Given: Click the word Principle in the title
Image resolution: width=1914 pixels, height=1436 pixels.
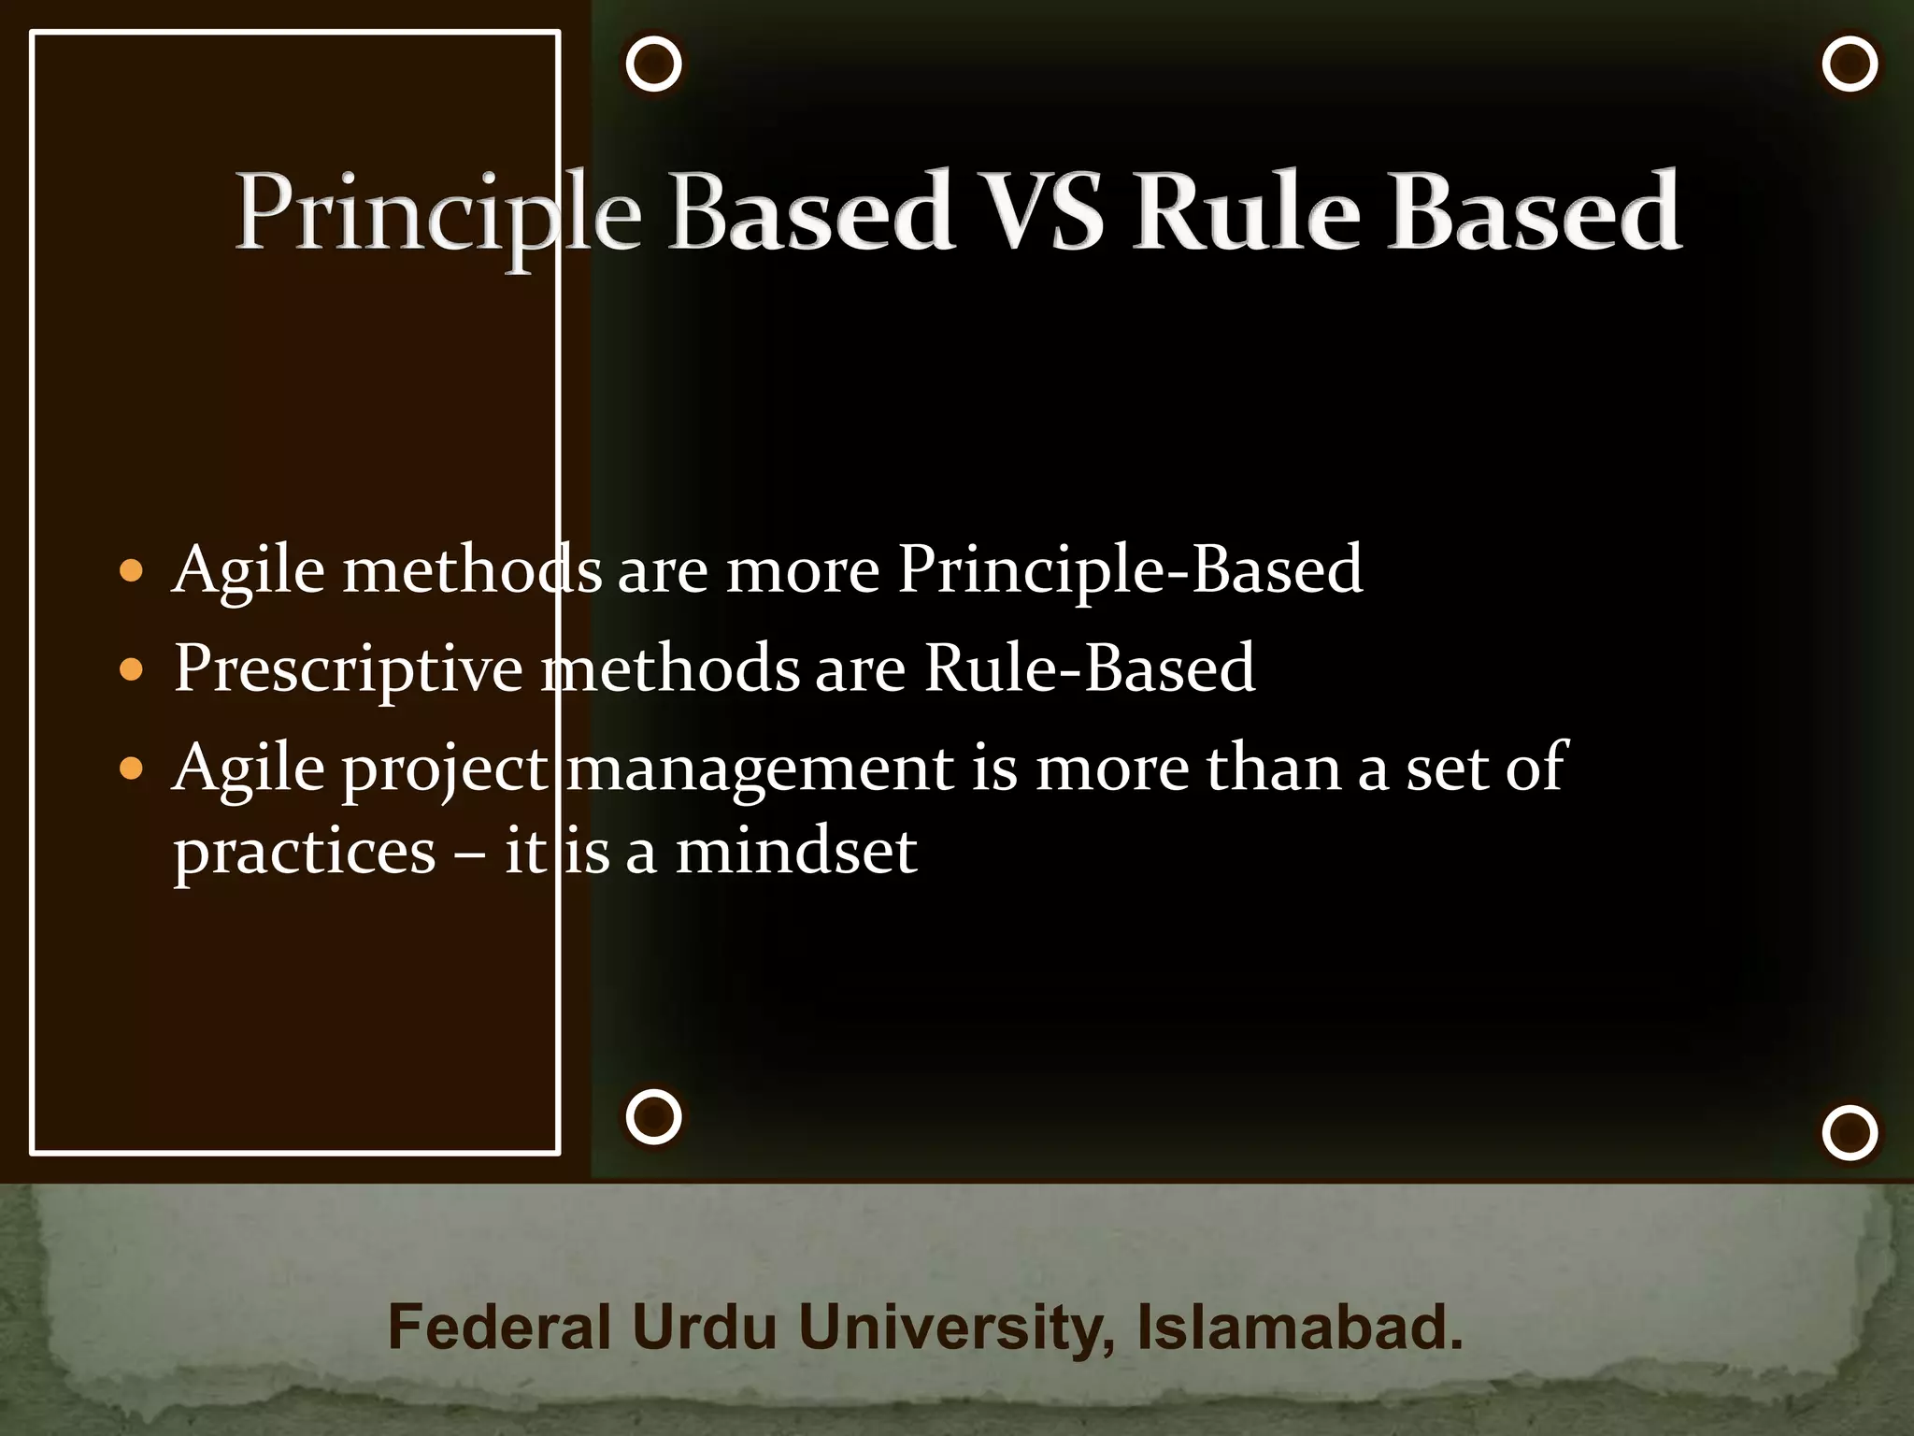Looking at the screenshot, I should point(437,213).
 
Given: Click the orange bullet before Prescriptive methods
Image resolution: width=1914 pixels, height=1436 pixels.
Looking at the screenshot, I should point(132,669).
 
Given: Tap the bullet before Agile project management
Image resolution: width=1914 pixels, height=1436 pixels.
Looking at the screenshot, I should point(132,768).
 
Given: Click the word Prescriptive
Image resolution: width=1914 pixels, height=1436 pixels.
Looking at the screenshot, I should point(348,669).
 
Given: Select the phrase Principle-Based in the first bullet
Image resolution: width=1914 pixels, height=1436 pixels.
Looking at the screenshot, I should point(1130,569).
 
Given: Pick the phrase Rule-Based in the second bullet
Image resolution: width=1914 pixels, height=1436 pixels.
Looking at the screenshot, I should point(1089,668).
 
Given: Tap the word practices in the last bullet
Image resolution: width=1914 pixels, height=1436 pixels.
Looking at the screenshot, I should point(305,853).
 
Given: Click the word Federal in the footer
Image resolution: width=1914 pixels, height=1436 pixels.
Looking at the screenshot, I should point(499,1328).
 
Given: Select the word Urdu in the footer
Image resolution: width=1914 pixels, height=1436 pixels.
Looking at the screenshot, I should point(704,1328).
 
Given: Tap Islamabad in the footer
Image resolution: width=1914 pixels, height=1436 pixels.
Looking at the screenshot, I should point(1299,1328).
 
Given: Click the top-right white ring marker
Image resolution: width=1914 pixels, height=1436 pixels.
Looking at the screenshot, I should point(1850,65).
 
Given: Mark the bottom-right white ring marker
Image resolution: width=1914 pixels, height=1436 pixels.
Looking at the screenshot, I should point(1850,1133).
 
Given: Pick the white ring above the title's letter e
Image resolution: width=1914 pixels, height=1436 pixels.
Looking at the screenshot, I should point(653,65).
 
